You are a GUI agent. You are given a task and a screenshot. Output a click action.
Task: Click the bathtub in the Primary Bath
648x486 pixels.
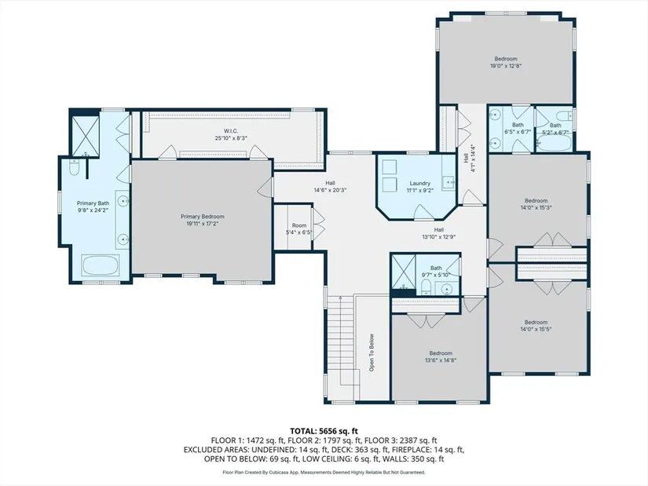click(x=101, y=265)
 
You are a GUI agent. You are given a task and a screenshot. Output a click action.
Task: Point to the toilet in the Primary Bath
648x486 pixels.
click(x=75, y=166)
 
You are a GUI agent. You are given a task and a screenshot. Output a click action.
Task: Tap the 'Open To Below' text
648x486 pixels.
click(x=372, y=353)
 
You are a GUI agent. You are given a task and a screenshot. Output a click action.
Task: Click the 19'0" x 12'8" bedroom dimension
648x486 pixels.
click(x=506, y=66)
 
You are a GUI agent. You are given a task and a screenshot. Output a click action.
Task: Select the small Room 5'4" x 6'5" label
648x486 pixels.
click(x=299, y=228)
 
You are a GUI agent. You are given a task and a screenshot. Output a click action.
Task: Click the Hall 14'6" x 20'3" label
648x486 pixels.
click(x=330, y=186)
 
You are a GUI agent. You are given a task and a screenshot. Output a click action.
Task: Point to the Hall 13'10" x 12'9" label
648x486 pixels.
click(x=439, y=233)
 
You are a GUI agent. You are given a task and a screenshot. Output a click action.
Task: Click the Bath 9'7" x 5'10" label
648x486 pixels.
click(x=436, y=271)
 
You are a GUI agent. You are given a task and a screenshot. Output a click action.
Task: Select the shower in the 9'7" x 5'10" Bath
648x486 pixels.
click(x=403, y=272)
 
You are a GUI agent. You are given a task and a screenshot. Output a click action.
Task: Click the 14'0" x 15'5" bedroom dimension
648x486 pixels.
click(x=536, y=330)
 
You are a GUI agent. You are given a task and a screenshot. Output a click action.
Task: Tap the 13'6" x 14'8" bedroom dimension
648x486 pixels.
click(x=441, y=360)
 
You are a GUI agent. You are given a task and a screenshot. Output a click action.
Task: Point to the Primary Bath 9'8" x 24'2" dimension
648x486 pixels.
click(x=93, y=210)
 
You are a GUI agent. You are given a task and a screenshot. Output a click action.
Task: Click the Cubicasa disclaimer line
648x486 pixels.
click(x=324, y=472)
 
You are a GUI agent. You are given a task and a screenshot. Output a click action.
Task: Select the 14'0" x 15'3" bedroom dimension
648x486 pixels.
click(x=536, y=207)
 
